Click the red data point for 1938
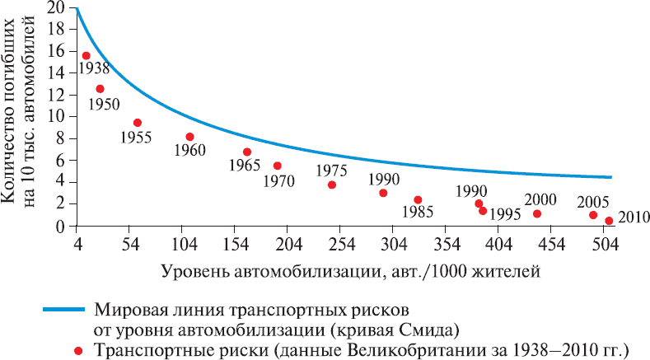tap(86, 55)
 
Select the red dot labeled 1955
tap(138, 123)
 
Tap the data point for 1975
tap(332, 185)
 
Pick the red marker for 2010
tap(609, 221)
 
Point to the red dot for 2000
tap(537, 214)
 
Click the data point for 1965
tap(247, 152)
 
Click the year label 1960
tap(189, 150)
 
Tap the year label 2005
tap(593, 201)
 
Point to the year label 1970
tap(278, 180)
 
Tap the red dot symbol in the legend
tap(78, 350)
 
